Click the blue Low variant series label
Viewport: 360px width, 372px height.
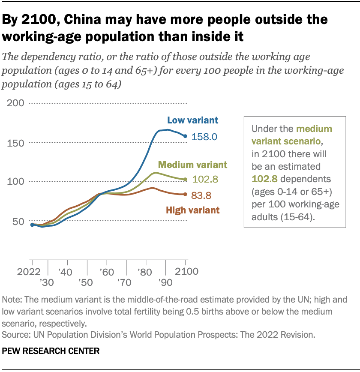(x=192, y=120)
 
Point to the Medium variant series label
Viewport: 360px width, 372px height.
(x=192, y=165)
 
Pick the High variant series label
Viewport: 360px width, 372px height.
(x=192, y=210)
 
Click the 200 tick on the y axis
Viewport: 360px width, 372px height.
(x=15, y=103)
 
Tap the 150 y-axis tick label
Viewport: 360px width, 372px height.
(x=15, y=143)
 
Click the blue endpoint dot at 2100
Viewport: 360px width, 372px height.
(x=186, y=136)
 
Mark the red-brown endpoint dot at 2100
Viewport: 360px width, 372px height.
(x=186, y=195)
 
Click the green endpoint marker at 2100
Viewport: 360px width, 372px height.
(x=186, y=180)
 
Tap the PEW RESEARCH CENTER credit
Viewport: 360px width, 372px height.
(x=51, y=351)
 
